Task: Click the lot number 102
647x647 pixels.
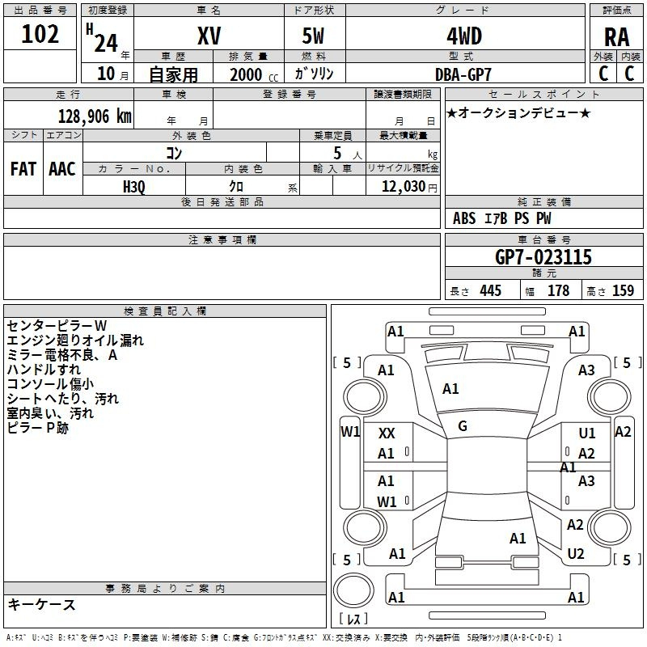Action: point(40,34)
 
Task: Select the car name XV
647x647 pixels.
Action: point(209,36)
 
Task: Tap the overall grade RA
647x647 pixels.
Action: point(617,37)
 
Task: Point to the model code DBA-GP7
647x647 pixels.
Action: point(463,74)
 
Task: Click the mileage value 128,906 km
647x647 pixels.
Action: point(95,116)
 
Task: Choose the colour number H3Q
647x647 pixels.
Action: point(134,187)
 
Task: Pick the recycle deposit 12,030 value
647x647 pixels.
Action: point(404,186)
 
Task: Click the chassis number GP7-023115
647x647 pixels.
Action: point(543,257)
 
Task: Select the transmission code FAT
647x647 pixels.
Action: point(23,169)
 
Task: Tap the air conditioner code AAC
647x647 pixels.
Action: point(62,169)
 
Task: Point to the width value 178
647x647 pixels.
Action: point(558,290)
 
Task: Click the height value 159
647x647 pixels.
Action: point(623,290)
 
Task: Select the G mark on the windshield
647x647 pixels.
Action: point(463,426)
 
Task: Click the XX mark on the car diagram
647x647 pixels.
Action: point(387,433)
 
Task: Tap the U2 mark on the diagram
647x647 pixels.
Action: point(576,554)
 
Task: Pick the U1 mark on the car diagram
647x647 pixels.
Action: point(587,433)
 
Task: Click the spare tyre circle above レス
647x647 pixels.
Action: point(353,590)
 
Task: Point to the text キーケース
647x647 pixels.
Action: point(41,604)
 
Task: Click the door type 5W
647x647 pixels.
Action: point(313,36)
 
